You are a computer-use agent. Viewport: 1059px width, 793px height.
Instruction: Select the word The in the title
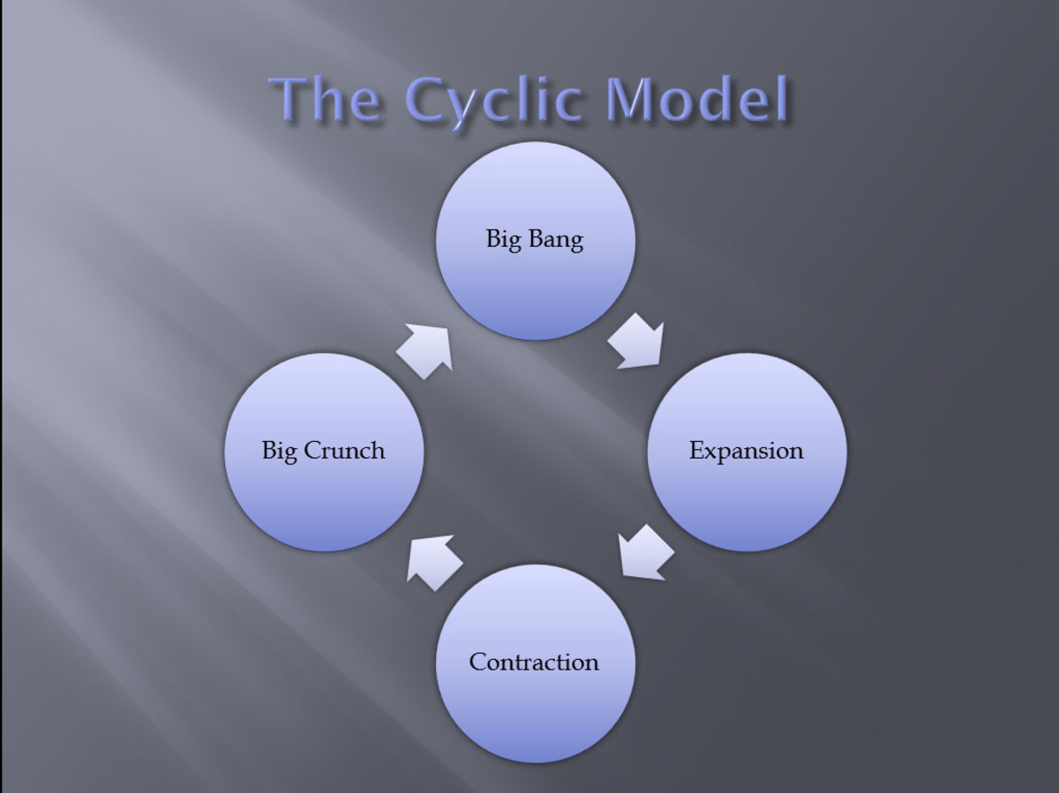pyautogui.click(x=326, y=100)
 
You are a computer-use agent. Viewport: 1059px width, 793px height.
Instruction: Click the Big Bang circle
pyautogui.click(x=536, y=241)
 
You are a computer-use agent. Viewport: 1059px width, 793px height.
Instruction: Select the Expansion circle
pyautogui.click(x=747, y=452)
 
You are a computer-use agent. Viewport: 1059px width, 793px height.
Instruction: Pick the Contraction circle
pyautogui.click(x=536, y=663)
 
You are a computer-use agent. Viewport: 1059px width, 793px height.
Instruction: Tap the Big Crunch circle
pyautogui.click(x=324, y=452)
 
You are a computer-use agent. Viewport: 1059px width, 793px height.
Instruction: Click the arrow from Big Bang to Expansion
pyautogui.click(x=638, y=342)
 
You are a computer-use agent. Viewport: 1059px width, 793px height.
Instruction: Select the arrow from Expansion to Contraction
pyautogui.click(x=645, y=553)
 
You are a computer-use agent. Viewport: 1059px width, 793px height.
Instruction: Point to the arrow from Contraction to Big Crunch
pyautogui.click(x=433, y=562)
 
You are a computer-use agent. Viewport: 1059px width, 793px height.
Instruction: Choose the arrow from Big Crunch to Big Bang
pyautogui.click(x=425, y=350)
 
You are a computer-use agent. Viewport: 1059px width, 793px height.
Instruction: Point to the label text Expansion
pyautogui.click(x=747, y=452)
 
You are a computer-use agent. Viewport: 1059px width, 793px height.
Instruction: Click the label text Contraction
pyautogui.click(x=534, y=662)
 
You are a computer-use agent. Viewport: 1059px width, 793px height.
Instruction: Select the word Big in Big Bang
pyautogui.click(x=504, y=240)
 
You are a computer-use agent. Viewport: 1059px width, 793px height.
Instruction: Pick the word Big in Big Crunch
pyautogui.click(x=280, y=452)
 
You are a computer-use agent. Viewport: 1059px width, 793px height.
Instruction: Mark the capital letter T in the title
pyautogui.click(x=289, y=99)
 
